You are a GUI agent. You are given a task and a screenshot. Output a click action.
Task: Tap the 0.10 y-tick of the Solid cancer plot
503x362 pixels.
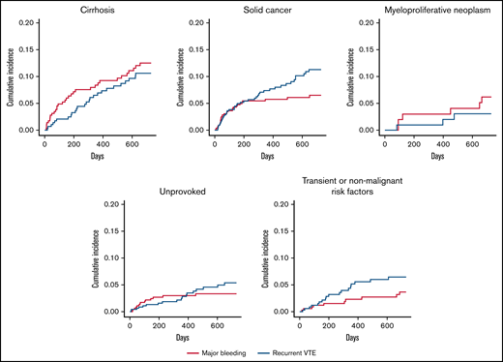195,75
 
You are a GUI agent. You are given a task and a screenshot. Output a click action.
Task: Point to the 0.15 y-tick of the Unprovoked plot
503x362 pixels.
113,230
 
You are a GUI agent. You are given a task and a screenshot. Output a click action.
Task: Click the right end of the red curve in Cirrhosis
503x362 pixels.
151,63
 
